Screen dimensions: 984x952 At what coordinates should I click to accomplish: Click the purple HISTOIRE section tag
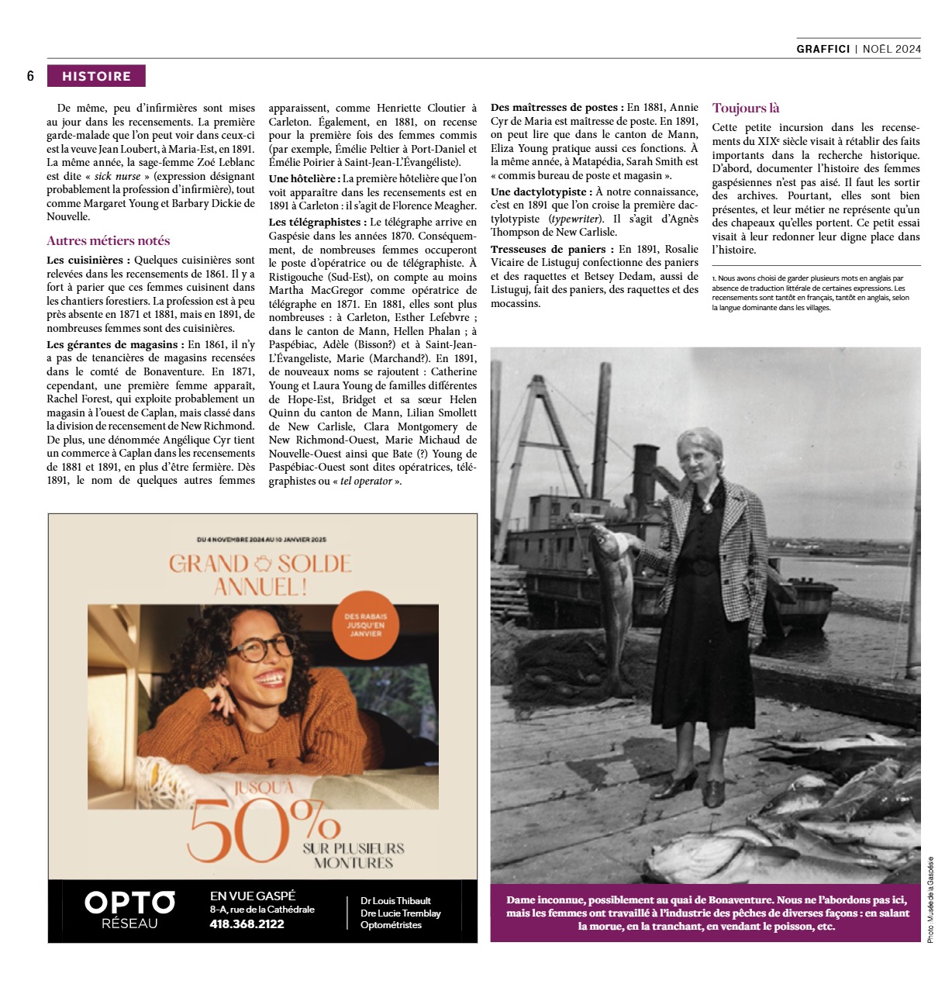[x=96, y=76]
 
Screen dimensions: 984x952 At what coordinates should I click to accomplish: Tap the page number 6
[x=30, y=76]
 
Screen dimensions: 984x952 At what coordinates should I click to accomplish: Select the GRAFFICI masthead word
[x=823, y=49]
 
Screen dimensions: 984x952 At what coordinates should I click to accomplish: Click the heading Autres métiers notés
[x=108, y=240]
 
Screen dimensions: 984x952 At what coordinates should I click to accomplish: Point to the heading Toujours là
[x=746, y=109]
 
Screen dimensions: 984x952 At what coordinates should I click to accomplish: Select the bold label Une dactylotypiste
[x=540, y=192]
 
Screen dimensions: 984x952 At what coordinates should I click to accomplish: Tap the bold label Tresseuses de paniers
[x=547, y=249]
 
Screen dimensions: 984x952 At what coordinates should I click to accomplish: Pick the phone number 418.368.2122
[x=247, y=924]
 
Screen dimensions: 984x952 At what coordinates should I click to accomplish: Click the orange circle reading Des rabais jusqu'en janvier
[x=365, y=624]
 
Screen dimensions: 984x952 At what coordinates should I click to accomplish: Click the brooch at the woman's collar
[x=706, y=506]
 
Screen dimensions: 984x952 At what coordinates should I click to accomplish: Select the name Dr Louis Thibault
[x=395, y=900]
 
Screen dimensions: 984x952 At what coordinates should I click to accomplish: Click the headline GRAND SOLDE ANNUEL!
[x=260, y=575]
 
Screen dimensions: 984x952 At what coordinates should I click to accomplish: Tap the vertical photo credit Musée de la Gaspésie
[x=930, y=899]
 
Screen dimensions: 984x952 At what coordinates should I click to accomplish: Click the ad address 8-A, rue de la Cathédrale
[x=262, y=909]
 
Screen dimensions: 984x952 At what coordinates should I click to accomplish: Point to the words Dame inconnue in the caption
[x=545, y=900]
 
